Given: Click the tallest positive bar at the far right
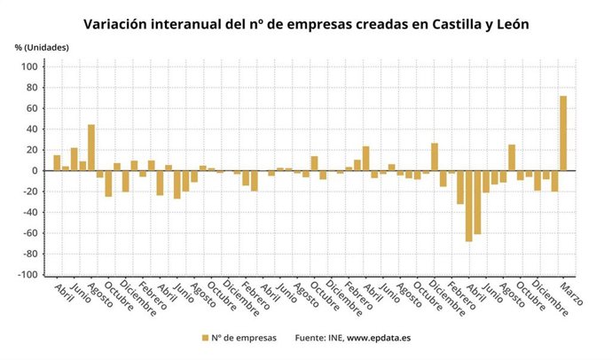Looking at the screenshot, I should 562,133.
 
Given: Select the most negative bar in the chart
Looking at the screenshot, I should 468,205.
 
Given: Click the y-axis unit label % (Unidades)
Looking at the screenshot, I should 42,46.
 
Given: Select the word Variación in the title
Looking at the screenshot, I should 118,24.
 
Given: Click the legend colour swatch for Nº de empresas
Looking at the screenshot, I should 206,338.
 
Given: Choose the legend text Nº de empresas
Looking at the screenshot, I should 245,338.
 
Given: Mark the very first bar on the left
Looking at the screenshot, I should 57,162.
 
